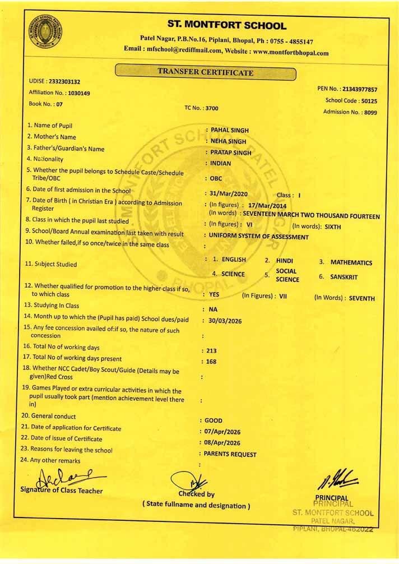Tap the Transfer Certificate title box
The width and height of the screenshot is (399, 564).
coord(205,72)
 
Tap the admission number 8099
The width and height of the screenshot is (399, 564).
coord(370,112)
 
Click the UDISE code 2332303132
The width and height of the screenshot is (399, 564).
coord(64,81)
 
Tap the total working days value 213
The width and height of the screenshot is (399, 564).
coord(211,350)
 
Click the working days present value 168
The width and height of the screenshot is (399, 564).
coord(211,362)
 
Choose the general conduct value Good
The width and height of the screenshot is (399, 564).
coord(214,420)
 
